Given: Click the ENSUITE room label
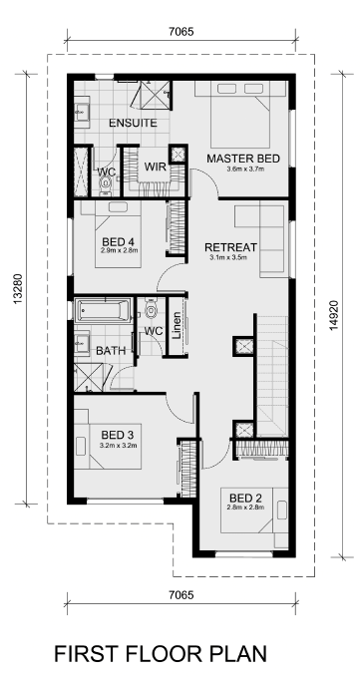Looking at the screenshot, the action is coord(133,123).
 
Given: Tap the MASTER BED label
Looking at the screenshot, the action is coord(243,159).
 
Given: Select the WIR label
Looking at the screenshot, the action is coord(156,167).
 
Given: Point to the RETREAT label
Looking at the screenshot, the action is coord(231,247).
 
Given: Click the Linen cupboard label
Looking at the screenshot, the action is coord(177,325).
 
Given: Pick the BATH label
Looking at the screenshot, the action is coord(111,351).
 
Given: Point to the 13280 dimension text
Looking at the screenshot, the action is coord(18,289).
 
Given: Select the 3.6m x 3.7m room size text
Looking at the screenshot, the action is coord(245,169).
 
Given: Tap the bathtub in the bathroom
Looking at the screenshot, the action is coord(103,310).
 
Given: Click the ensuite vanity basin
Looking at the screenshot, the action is coord(81,112).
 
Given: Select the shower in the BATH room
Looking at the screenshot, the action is coord(89,377).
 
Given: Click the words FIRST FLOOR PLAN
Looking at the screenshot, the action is coord(161,654).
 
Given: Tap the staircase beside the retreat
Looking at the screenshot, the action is coord(273,377).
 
